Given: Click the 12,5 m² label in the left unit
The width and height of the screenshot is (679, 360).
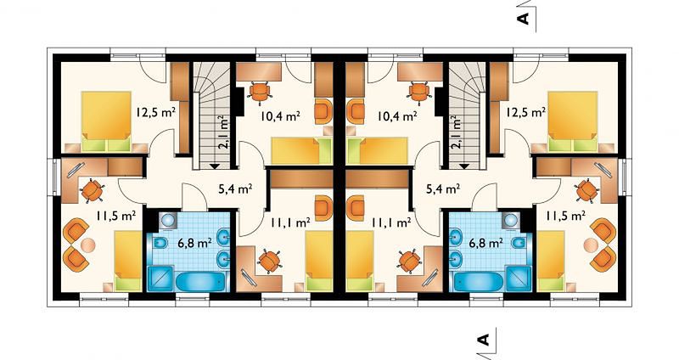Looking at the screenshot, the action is [155, 113].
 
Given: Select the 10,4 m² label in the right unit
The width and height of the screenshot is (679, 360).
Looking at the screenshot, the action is [397, 115].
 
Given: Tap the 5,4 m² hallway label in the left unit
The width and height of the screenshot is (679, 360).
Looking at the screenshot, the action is [234, 188].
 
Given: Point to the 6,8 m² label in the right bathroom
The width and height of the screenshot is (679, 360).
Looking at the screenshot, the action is [486, 243].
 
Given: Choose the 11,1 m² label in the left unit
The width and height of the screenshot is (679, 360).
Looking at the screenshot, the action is [290, 222].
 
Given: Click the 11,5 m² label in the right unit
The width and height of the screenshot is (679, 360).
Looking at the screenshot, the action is [565, 216].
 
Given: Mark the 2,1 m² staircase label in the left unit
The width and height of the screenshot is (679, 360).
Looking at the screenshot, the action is [223, 132].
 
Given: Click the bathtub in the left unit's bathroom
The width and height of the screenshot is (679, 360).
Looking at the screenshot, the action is [201, 282].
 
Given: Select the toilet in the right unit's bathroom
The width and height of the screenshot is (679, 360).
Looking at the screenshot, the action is [519, 244].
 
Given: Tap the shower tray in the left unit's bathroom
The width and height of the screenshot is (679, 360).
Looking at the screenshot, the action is [160, 278].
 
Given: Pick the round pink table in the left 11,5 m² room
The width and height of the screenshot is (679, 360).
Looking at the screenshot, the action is [89, 245].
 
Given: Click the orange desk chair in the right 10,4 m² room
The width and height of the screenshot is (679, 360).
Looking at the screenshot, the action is [418, 93].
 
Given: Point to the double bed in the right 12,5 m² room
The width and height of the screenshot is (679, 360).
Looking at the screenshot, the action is [573, 121].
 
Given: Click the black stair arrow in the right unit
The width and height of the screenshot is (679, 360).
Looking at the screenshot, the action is [464, 166].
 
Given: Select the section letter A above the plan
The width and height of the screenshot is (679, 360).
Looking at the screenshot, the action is [525, 18].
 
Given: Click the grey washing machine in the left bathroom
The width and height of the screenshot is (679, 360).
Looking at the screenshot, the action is [168, 220].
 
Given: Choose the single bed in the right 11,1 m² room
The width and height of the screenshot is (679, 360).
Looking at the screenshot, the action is [359, 261].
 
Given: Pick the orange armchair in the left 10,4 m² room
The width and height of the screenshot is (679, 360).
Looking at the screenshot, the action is [323, 111].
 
